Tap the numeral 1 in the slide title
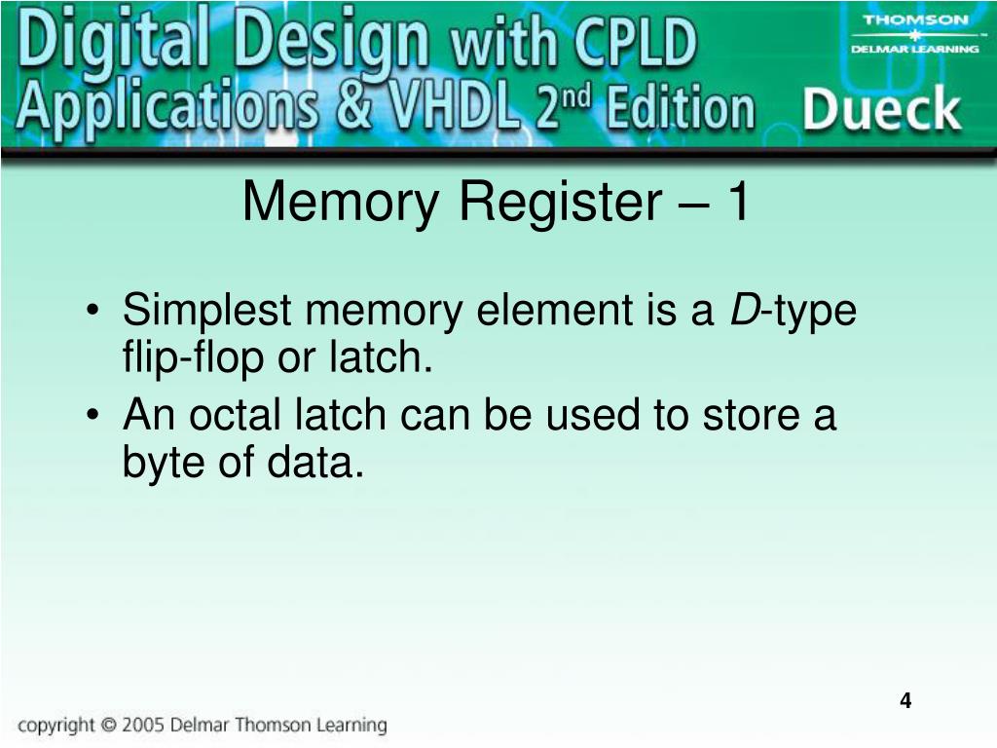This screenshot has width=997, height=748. (738, 203)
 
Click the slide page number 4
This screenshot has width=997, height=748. (905, 701)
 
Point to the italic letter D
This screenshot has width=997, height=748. (744, 312)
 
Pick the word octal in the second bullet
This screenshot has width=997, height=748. (234, 416)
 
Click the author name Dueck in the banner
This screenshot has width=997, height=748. (882, 111)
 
